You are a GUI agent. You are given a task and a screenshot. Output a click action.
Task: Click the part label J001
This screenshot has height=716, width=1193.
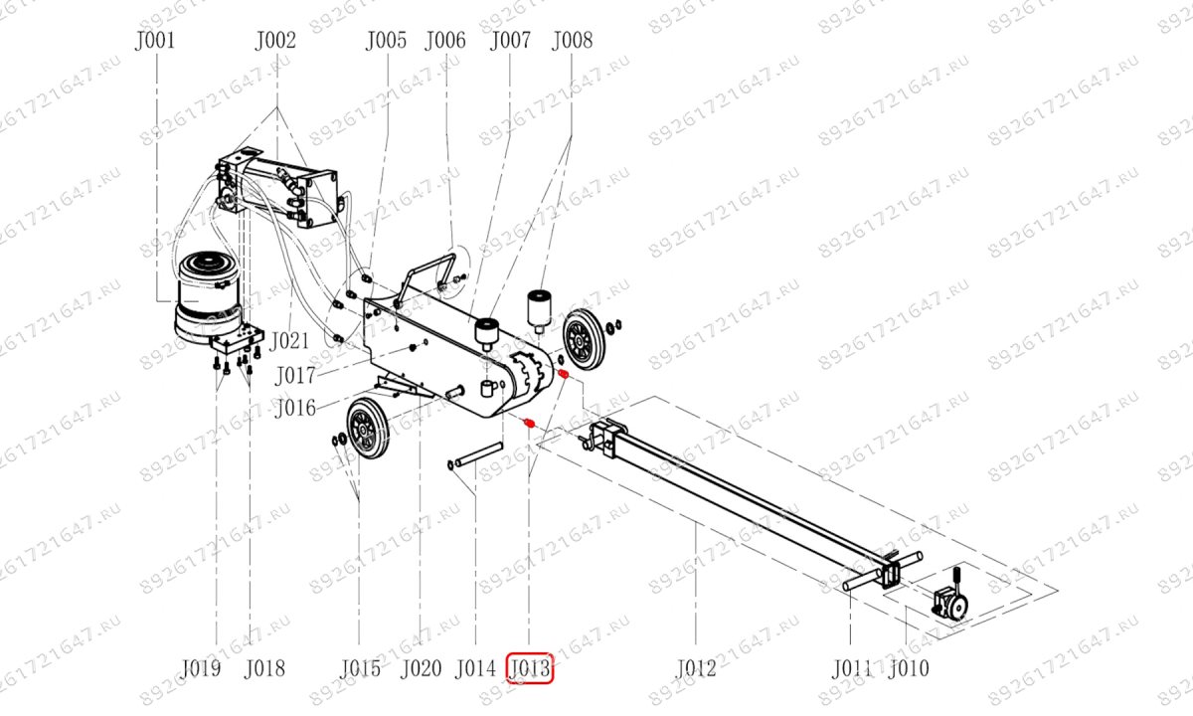[155, 41]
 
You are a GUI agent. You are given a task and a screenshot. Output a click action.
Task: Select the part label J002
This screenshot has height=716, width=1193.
[275, 41]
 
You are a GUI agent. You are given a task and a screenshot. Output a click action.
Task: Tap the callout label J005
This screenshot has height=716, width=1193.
[386, 41]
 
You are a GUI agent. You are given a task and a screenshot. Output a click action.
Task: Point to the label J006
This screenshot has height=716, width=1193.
[445, 41]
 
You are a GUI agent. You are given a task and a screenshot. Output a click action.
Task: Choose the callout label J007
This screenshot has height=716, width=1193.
[510, 41]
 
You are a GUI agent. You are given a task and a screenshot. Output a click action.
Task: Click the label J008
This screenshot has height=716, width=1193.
[572, 41]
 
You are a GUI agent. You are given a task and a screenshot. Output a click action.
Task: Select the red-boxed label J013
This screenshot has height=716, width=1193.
[529, 668]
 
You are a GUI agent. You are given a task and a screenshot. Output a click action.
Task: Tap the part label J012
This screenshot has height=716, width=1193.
[696, 668]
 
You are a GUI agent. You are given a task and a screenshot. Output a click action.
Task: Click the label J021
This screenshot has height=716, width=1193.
[289, 341]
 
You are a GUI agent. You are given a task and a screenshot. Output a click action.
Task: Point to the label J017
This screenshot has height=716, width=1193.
[295, 376]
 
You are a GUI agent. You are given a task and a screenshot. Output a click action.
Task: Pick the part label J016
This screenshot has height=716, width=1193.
[295, 408]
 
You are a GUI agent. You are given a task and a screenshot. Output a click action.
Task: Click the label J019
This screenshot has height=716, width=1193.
[201, 668]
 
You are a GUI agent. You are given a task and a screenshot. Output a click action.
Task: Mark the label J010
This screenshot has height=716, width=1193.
[909, 668]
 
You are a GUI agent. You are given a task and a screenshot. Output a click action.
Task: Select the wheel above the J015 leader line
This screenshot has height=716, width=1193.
[367, 428]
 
